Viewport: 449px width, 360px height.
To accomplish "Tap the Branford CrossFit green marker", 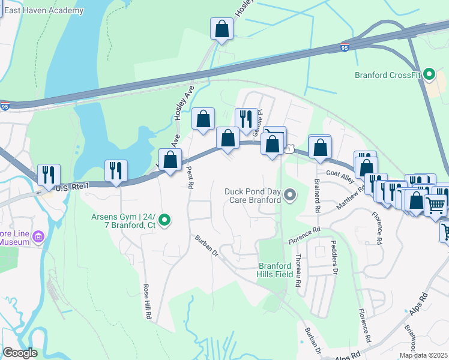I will [429, 74].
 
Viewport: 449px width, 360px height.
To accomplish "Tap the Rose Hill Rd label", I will [146, 300].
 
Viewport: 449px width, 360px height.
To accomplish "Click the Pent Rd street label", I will [190, 178].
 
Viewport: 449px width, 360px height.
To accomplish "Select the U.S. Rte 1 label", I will [72, 188].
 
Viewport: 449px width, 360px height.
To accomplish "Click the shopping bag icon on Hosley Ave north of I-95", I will [221, 29].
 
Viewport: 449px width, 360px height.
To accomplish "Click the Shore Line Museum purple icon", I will [40, 236].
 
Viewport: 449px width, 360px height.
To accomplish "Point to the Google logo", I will [19, 353].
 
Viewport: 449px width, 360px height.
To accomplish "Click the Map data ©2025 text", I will [423, 355].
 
